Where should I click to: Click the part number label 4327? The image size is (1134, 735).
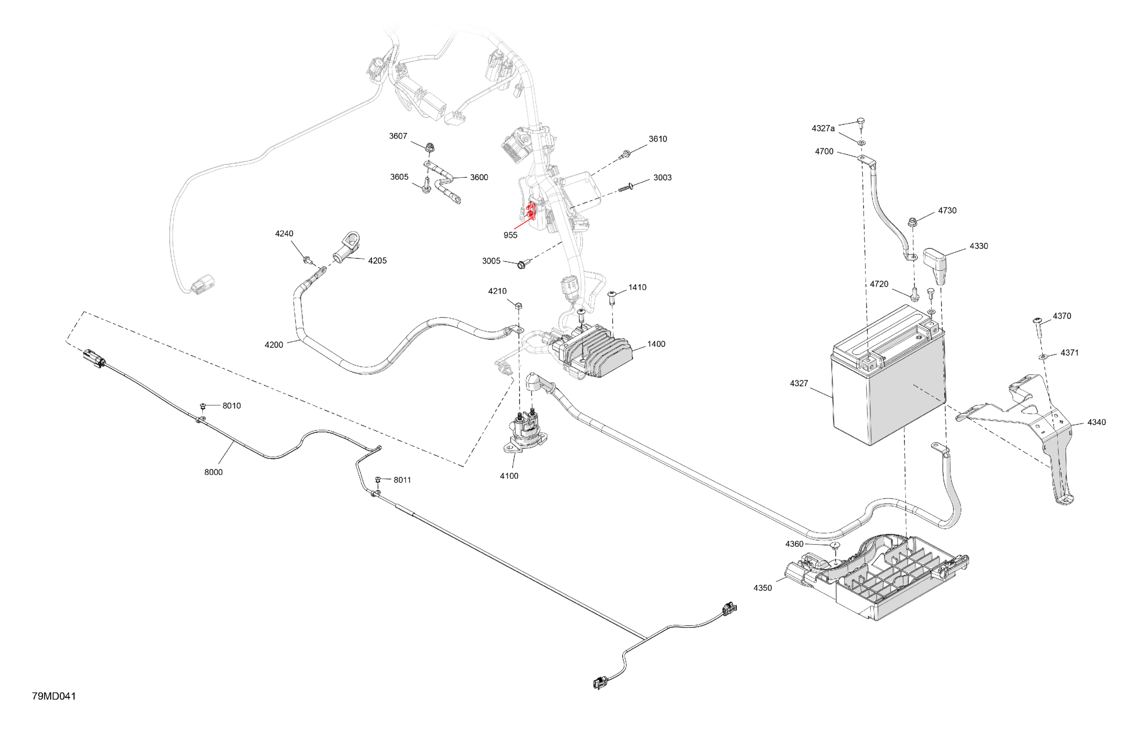click(799, 384)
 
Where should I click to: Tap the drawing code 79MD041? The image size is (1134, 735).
click(54, 696)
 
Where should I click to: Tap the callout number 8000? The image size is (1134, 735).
click(214, 472)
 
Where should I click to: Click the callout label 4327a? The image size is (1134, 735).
click(823, 128)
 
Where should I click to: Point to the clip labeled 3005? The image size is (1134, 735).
click(521, 264)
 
